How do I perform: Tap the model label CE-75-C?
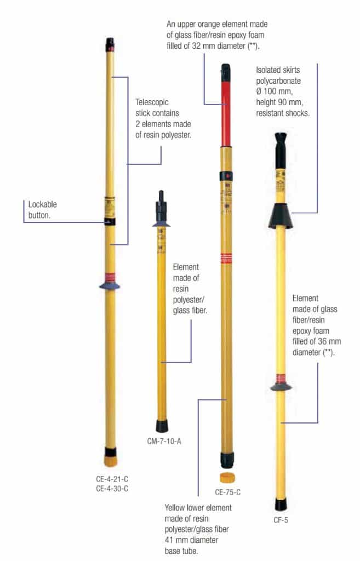[228, 491]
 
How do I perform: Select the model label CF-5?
[281, 520]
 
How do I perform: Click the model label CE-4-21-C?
[112, 478]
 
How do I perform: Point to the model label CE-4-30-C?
[112, 488]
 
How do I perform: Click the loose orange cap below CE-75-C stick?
[227, 477]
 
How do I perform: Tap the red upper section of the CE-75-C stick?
[226, 110]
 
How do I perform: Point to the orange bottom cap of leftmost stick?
[111, 457]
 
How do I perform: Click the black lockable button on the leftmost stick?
[111, 221]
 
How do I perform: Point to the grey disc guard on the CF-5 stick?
[281, 387]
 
